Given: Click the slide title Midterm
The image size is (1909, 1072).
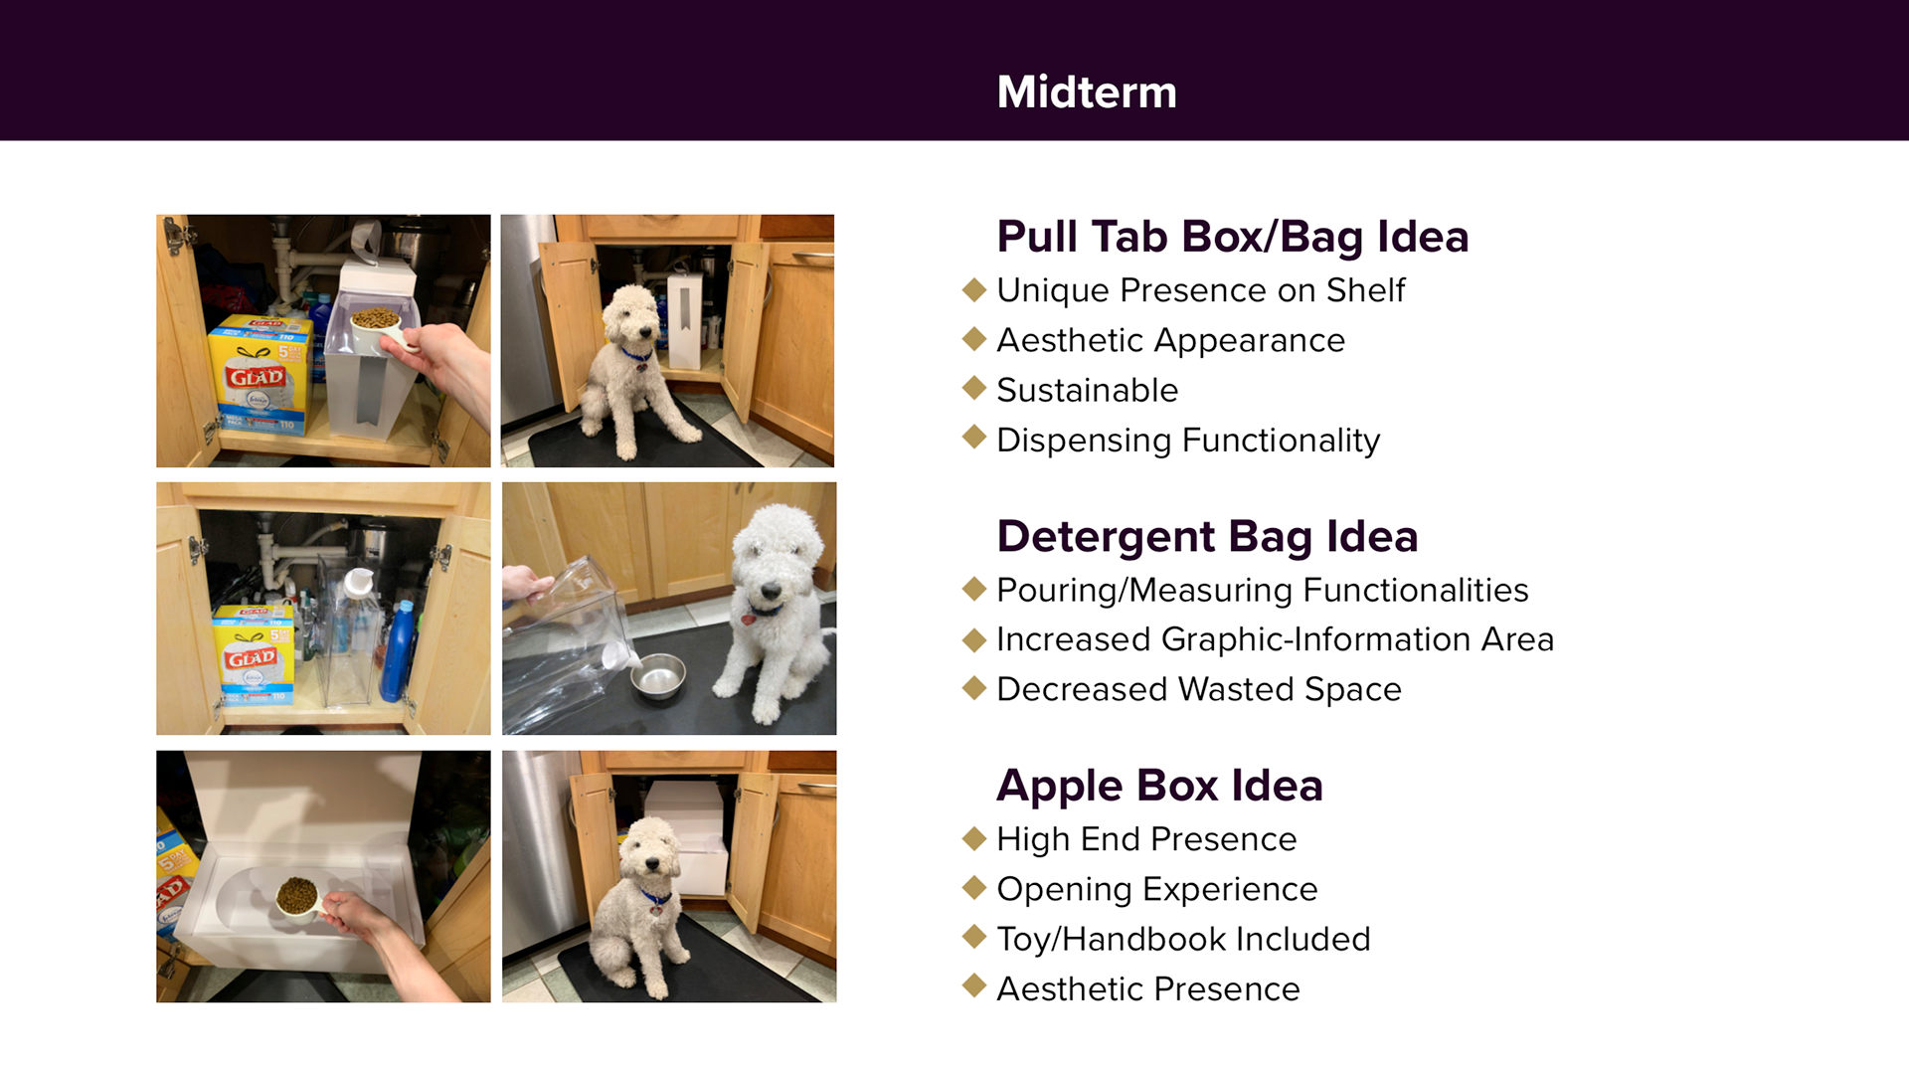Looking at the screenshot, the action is tap(1087, 92).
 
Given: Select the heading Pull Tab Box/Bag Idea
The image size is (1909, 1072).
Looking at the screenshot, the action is tap(1232, 237).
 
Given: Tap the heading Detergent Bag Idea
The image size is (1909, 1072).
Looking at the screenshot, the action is tap(1207, 537).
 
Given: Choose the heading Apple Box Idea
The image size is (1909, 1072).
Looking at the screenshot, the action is tap(1159, 786).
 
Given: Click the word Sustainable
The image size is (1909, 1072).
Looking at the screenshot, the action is tap(1087, 390).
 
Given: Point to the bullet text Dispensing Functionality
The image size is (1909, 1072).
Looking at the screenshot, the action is tap(1188, 441).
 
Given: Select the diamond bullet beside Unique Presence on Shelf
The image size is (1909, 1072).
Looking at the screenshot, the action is tap(974, 289).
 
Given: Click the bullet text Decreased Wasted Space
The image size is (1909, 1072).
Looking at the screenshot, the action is tap(1199, 689).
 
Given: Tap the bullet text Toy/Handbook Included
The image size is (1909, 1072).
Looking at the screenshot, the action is tap(1183, 939).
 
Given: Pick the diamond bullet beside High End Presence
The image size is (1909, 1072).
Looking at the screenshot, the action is tap(974, 838).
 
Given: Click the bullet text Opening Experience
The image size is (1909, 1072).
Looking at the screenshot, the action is tap(1157, 889).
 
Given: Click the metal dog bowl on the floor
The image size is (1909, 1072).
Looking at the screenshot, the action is tap(658, 676).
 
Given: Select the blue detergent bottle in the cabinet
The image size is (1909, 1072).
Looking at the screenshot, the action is tap(398, 651).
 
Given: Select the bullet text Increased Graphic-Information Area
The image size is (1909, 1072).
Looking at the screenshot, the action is tap(1275, 639).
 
